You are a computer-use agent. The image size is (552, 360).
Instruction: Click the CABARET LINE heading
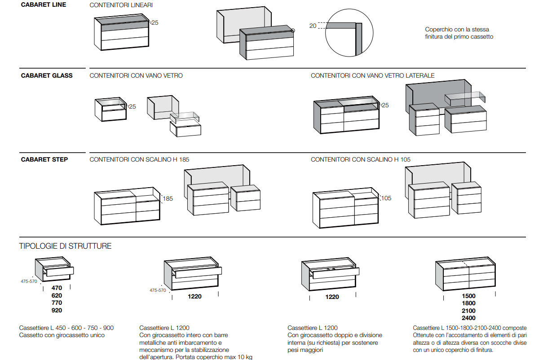[44, 5]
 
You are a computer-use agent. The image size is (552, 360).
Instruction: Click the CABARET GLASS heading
[47, 76]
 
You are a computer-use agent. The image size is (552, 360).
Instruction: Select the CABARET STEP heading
[44, 159]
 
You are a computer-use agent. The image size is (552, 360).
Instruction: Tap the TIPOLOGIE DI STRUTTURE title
[65, 246]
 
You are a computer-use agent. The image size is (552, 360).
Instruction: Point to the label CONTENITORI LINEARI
[121, 5]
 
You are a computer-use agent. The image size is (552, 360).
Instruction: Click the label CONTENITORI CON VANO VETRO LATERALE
[372, 76]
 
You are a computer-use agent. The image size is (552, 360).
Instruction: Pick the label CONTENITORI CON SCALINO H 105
[360, 159]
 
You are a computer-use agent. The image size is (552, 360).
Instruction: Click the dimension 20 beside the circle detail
[313, 26]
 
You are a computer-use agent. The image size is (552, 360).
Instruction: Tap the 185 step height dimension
[168, 198]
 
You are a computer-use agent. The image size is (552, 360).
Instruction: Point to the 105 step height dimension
[386, 198]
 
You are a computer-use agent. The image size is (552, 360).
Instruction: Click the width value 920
[57, 310]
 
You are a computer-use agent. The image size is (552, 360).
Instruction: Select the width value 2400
[468, 318]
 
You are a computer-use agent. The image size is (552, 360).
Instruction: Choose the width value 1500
[468, 296]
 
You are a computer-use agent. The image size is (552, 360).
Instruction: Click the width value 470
[57, 288]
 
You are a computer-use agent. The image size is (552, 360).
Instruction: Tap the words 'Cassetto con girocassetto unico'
[62, 335]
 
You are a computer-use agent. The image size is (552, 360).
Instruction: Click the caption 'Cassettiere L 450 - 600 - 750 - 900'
[66, 328]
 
